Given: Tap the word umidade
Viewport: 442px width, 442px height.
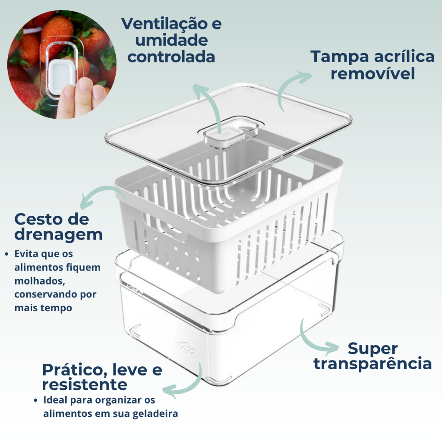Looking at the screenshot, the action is tap(171, 40).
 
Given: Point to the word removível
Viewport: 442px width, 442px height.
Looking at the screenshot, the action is tap(373, 73).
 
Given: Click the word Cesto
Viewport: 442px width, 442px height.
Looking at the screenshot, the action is tap(39, 219).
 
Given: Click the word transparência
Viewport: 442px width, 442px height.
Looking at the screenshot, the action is tap(373, 363).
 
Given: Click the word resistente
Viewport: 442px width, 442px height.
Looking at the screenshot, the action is tap(85, 385).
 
